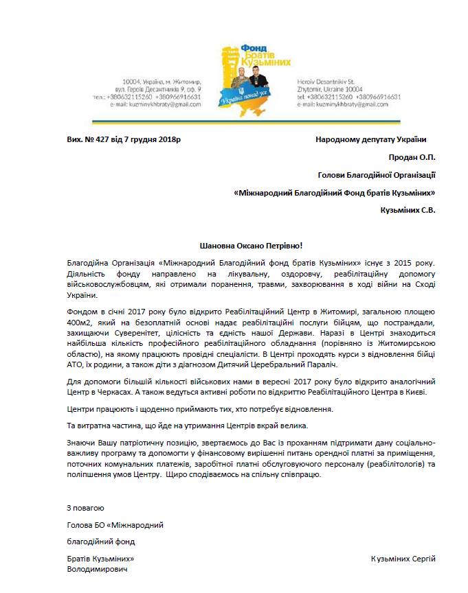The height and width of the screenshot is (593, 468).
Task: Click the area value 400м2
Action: (79, 322)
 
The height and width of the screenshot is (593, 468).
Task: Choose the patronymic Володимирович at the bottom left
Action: (97, 569)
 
